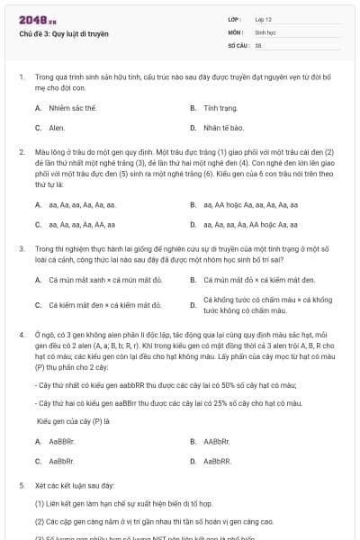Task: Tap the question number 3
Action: pyautogui.click(x=21, y=247)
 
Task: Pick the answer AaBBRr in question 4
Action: pyautogui.click(x=62, y=441)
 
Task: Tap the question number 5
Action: pyautogui.click(x=21, y=485)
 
